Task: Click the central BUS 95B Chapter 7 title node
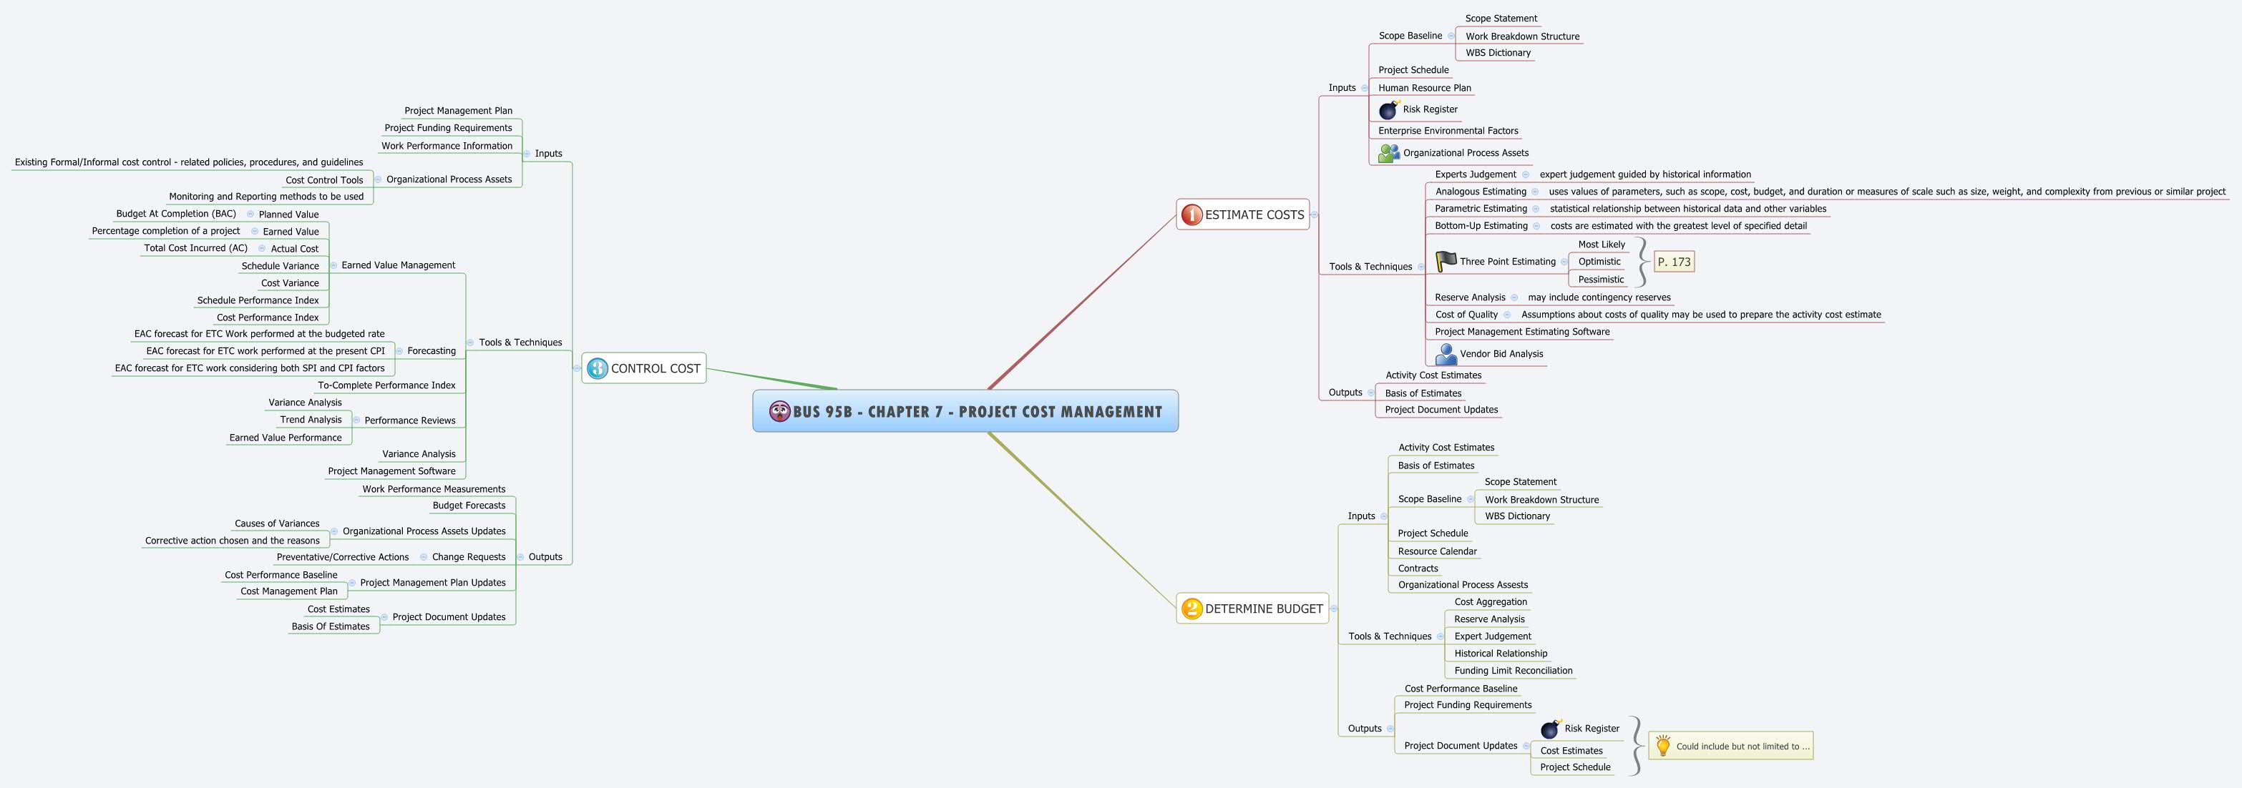tap(965, 411)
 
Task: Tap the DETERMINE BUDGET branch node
tap(1252, 609)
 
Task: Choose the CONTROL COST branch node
tap(644, 369)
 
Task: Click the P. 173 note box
tap(1674, 262)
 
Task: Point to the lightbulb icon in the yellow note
tap(1662, 745)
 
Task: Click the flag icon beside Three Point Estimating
tap(1446, 261)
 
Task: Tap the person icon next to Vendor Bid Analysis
tap(1446, 354)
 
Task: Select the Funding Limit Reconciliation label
tap(1513, 671)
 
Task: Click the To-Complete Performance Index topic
tap(386, 385)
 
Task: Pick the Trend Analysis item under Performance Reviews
tap(311, 419)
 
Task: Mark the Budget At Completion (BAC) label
tap(176, 214)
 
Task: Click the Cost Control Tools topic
tap(323, 180)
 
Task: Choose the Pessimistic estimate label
tap(1601, 279)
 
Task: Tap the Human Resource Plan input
tap(1424, 88)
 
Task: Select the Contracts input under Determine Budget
tap(1418, 568)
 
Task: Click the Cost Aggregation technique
tap(1490, 602)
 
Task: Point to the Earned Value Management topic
tap(398, 265)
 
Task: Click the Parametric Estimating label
tap(1481, 209)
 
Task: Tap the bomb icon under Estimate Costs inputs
tap(1388, 109)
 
